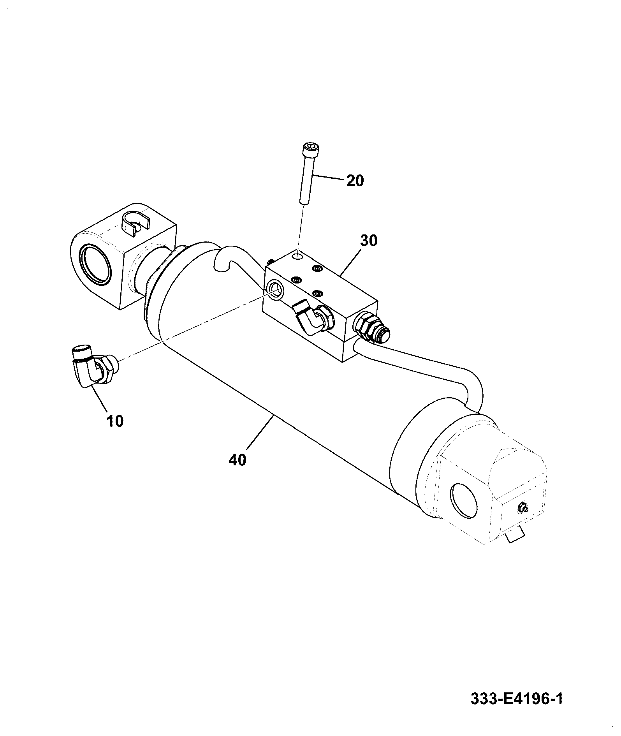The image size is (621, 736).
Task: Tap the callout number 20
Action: (x=354, y=181)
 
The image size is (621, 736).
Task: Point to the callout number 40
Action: (x=237, y=460)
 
